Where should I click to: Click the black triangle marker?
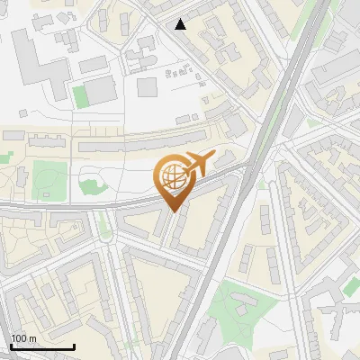pyautogui.click(x=181, y=24)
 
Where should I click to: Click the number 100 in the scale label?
pyautogui.click(x=19, y=338)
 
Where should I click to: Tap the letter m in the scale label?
pyautogui.click(x=32, y=338)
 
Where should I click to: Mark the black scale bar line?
pyautogui.click(x=42, y=346)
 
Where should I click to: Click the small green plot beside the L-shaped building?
pyautogui.click(x=81, y=96)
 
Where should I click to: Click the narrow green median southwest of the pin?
pyautogui.click(x=105, y=224)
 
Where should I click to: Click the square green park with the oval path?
pyautogui.click(x=44, y=181)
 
